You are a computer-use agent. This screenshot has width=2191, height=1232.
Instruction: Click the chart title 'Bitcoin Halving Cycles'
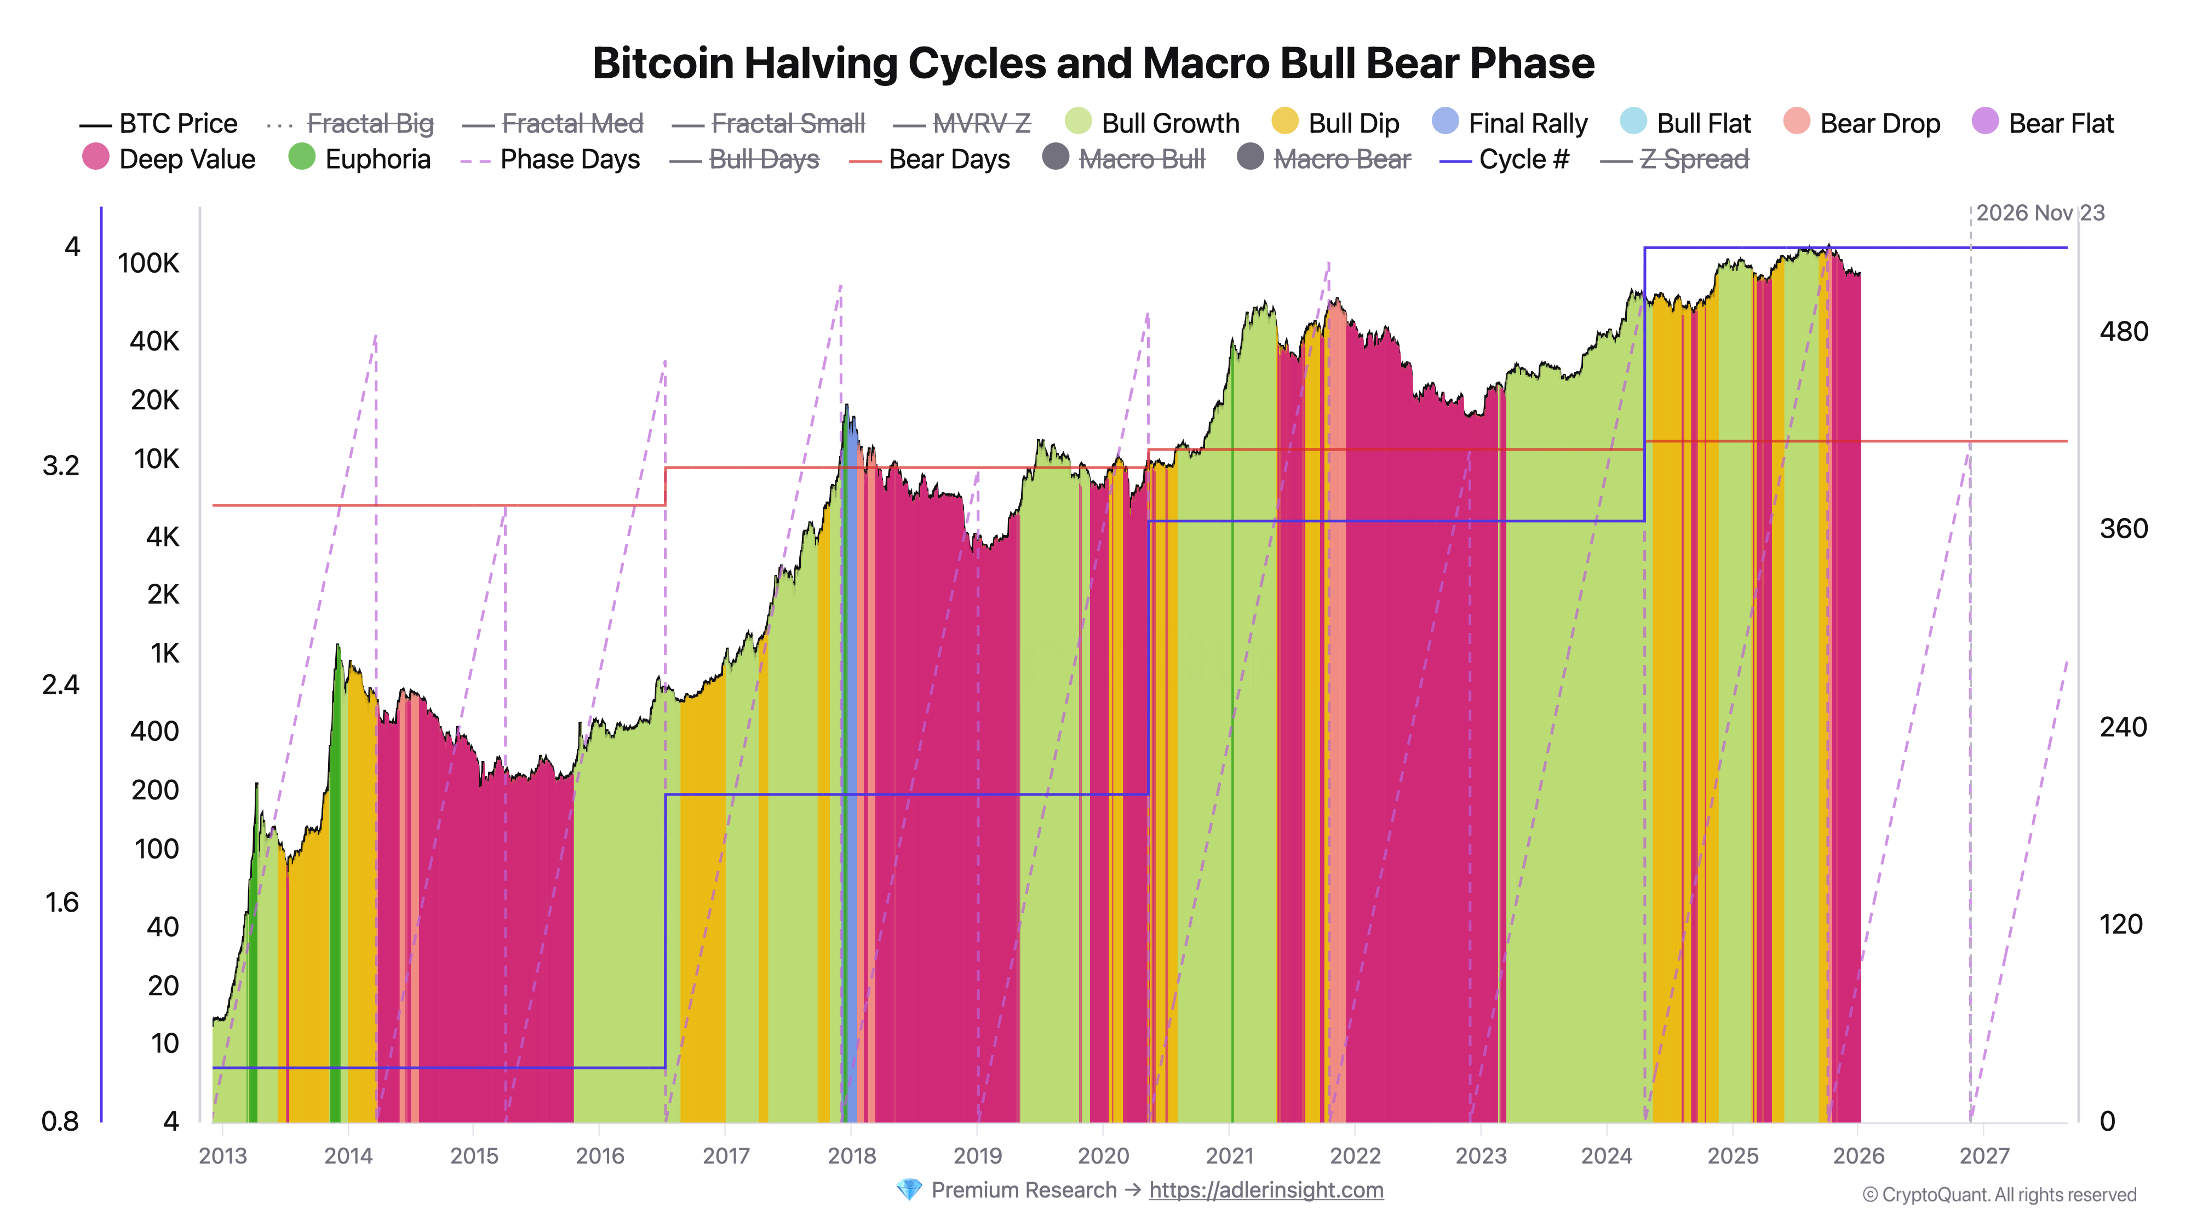click(x=1093, y=64)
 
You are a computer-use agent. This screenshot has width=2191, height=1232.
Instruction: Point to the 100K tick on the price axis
click(x=149, y=263)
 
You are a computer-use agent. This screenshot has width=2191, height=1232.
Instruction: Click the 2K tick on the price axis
click(x=163, y=594)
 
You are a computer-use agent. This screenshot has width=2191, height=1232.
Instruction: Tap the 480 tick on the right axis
click(x=2123, y=332)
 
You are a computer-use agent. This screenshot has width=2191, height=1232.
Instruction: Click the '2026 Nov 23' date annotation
click(x=2040, y=214)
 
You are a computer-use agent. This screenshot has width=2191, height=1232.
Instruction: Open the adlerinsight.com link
click(x=1266, y=1190)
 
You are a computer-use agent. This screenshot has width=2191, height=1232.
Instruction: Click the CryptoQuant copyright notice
click(x=1999, y=1195)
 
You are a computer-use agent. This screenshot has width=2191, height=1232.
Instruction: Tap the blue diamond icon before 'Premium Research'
click(x=908, y=1190)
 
